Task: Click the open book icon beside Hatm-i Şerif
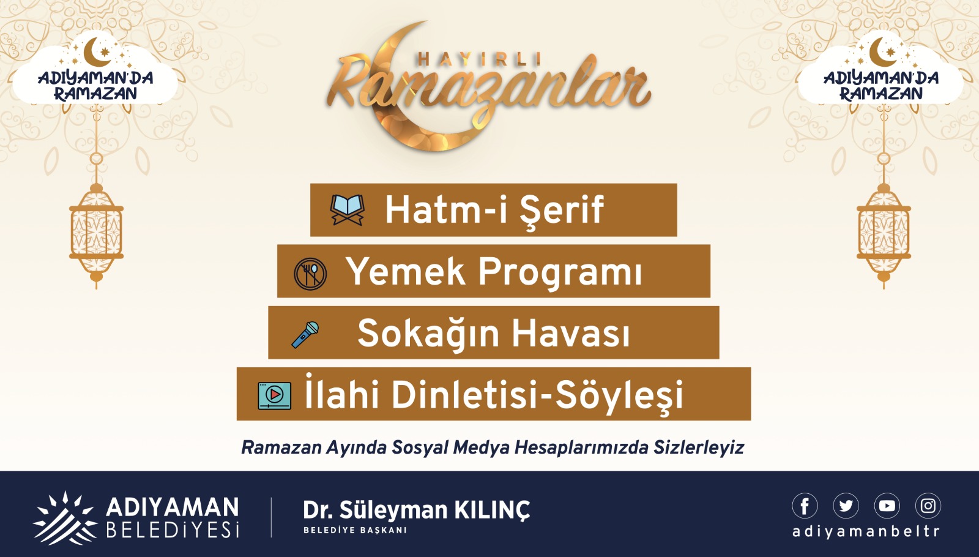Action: (348, 210)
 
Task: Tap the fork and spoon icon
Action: (310, 274)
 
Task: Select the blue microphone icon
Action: (305, 335)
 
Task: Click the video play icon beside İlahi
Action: (275, 395)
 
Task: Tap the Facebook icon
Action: (805, 506)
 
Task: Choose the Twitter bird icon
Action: (846, 506)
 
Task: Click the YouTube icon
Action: (887, 506)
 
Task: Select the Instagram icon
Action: (928, 506)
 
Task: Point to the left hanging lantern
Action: (96, 232)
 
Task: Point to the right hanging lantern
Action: (884, 232)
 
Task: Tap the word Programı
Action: (560, 273)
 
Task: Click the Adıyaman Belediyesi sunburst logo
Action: (65, 518)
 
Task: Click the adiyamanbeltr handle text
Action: (866, 532)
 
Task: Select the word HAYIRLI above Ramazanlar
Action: (480, 59)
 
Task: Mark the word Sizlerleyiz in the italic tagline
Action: (698, 448)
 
